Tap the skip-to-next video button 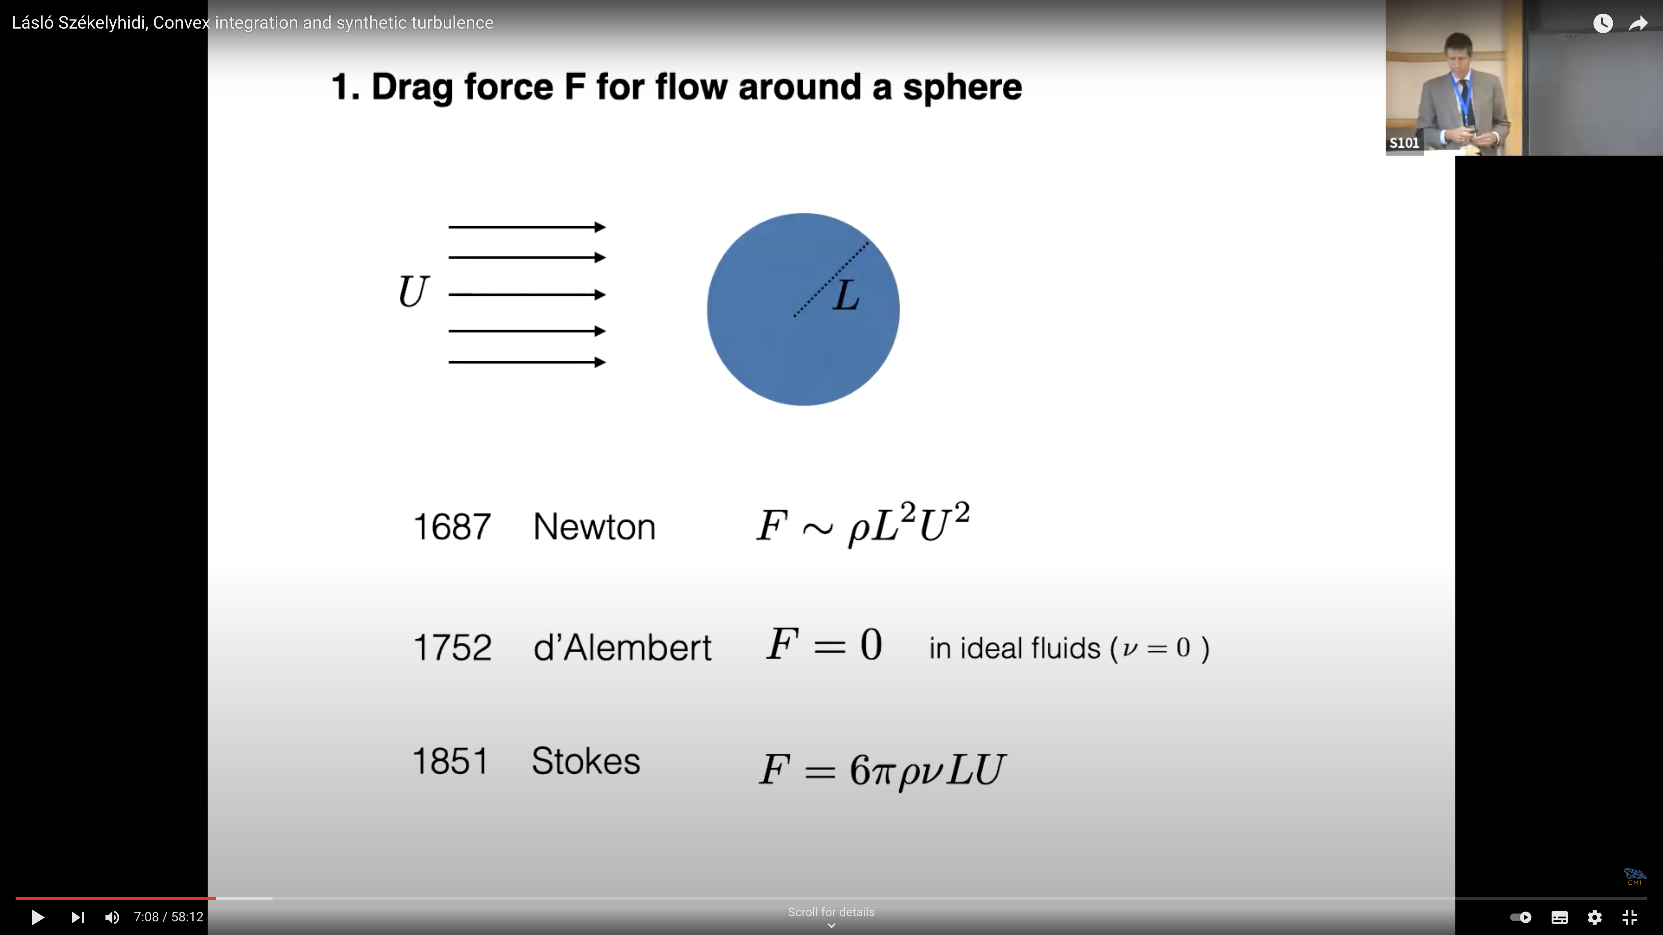click(78, 917)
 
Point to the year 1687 click(452, 527)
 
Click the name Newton click(594, 527)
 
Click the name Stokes click(586, 761)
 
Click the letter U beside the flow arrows click(413, 292)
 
